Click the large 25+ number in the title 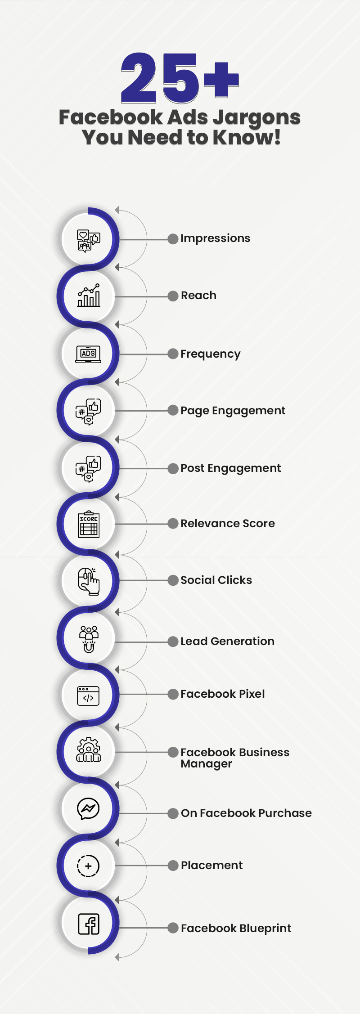click(x=180, y=77)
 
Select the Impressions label click(x=215, y=238)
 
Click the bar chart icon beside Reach click(x=89, y=296)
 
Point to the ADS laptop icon click(x=88, y=354)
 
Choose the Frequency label click(x=211, y=354)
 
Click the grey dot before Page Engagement click(x=173, y=410)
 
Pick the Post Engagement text click(x=230, y=469)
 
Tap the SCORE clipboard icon click(x=89, y=524)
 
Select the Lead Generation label click(x=227, y=642)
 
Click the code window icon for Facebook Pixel click(x=88, y=696)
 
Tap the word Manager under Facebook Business click(x=206, y=764)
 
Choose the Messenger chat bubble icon click(x=88, y=809)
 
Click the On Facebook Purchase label click(x=246, y=813)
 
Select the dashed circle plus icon click(x=88, y=866)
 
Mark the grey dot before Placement click(x=173, y=866)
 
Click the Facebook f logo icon click(x=89, y=924)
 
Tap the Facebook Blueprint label click(x=236, y=929)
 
